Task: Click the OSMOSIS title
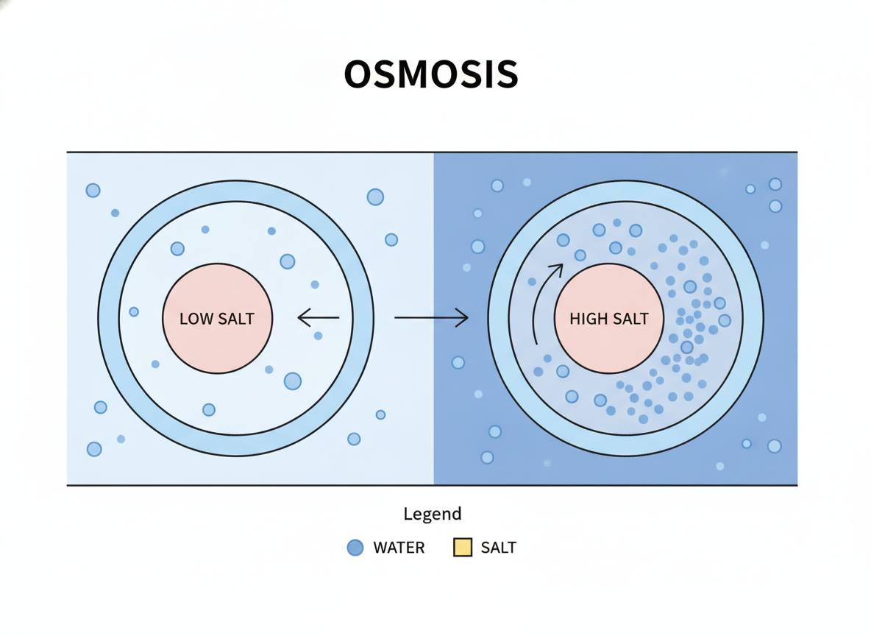[431, 74]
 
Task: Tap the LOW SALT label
[216, 319]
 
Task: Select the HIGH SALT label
[609, 319]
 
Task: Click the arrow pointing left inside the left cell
[319, 317]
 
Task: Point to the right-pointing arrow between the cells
[431, 317]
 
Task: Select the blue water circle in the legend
[355, 548]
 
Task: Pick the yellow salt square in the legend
[463, 548]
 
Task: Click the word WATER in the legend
[399, 548]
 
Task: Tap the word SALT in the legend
[498, 548]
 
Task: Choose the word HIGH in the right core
[589, 319]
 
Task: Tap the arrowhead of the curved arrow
[557, 270]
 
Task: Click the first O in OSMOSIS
[360, 74]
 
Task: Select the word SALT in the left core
[236, 319]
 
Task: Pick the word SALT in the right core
[630, 319]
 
